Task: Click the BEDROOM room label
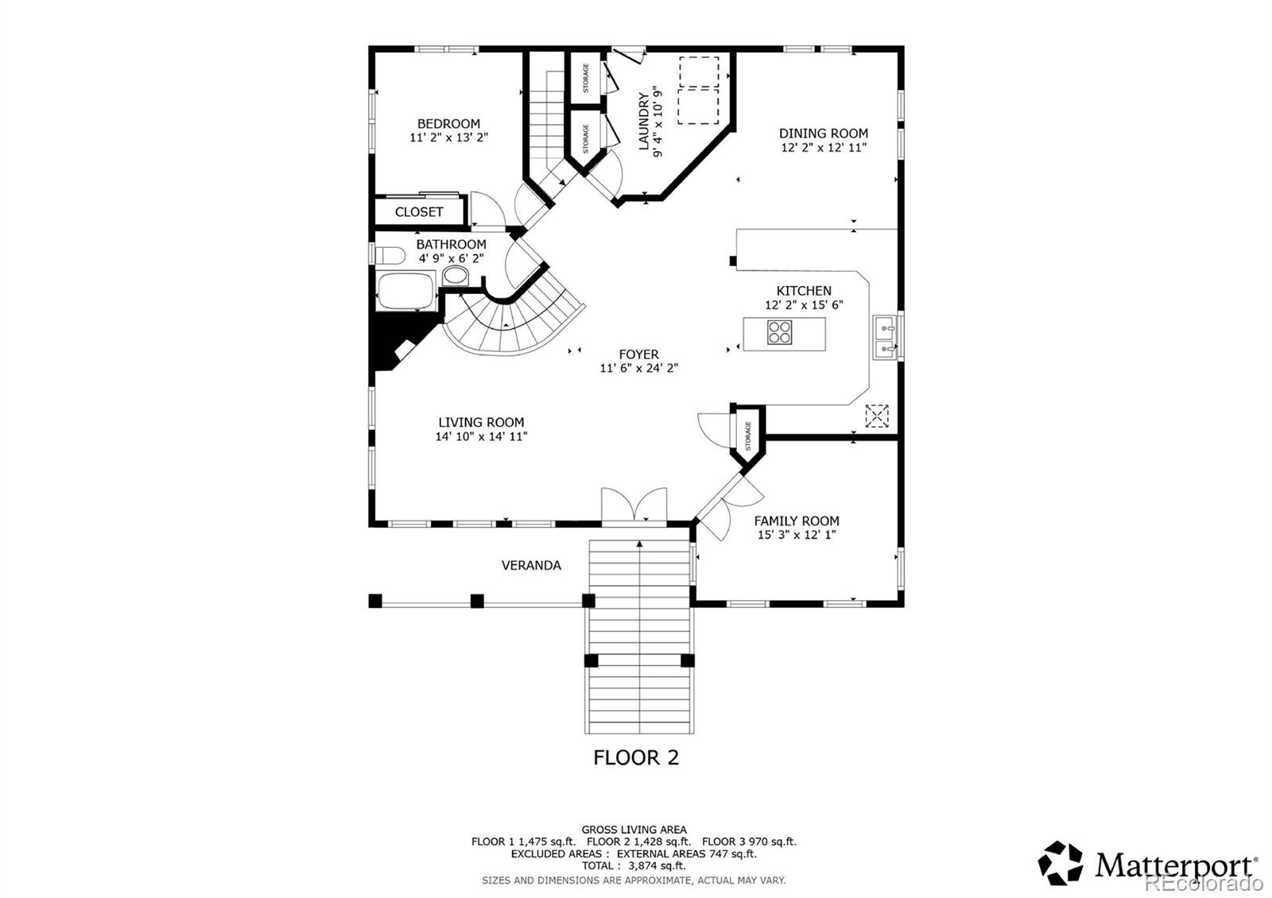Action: click(x=448, y=124)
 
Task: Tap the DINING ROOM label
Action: click(x=824, y=134)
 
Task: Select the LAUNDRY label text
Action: click(x=644, y=122)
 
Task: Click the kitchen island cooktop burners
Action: click(x=780, y=333)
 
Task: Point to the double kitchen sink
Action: click(x=886, y=337)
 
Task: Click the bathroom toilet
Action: click(x=390, y=255)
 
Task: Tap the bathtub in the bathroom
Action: click(x=406, y=291)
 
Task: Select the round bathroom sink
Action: click(x=455, y=276)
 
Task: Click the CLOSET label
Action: click(x=419, y=211)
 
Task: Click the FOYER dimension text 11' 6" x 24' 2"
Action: click(x=639, y=368)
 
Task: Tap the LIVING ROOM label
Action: click(x=481, y=422)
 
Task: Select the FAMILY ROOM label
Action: click(x=797, y=521)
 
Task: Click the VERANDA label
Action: click(x=532, y=565)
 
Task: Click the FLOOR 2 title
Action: click(x=636, y=757)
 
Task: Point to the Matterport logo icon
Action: click(x=1061, y=863)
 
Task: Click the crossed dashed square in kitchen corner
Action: click(x=877, y=416)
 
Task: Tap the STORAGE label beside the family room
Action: click(x=748, y=436)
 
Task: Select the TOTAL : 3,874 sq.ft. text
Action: click(x=634, y=865)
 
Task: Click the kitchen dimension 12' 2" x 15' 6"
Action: click(x=804, y=305)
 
